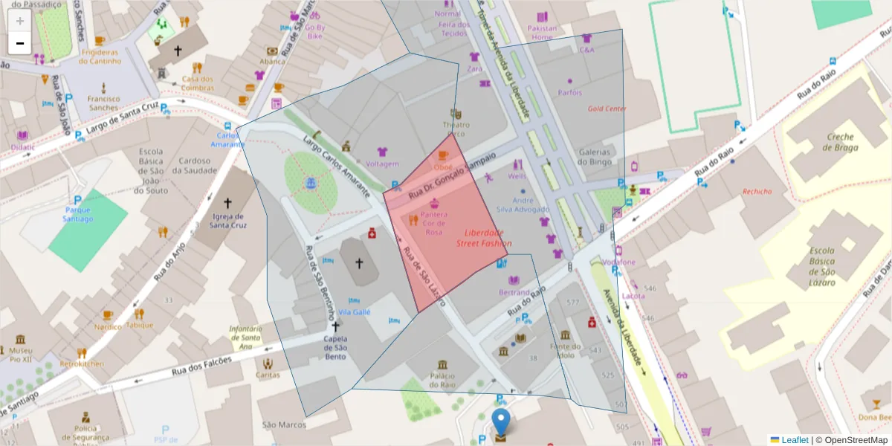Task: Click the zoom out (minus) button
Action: pyautogui.click(x=20, y=43)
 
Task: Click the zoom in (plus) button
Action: pyautogui.click(x=20, y=20)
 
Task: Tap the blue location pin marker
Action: pyautogui.click(x=502, y=421)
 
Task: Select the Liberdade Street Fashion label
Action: pyautogui.click(x=483, y=238)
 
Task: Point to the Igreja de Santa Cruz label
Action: pyautogui.click(x=227, y=220)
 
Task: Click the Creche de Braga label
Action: pyautogui.click(x=841, y=142)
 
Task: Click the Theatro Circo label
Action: pyautogui.click(x=456, y=129)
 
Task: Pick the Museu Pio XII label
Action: pyautogui.click(x=20, y=355)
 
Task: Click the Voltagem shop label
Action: pyautogui.click(x=383, y=164)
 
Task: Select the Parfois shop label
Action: pyautogui.click(x=570, y=93)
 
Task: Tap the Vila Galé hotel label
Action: pyautogui.click(x=354, y=312)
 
